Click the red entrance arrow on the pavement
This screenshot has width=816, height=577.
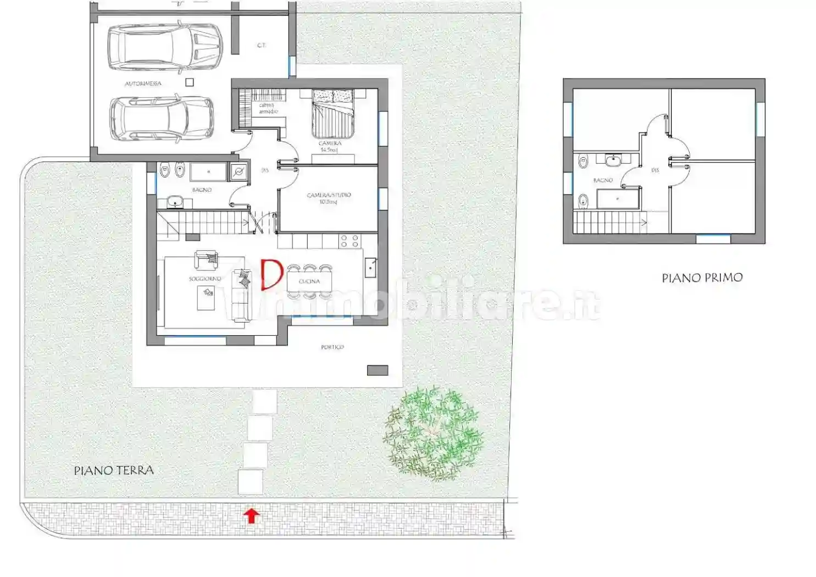pos(252,515)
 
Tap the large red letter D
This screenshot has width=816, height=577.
pos(271,274)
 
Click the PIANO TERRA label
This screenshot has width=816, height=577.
pos(114,470)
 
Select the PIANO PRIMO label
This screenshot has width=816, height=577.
pos(702,278)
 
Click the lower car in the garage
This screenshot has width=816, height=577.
pos(162,118)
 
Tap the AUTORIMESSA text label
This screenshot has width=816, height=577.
pos(143,84)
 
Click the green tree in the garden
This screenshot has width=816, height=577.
pos(434,432)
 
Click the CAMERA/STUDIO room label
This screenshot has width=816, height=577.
pos(329,195)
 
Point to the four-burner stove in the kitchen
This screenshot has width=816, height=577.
pos(350,241)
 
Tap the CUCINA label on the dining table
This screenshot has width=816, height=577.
pos(309,281)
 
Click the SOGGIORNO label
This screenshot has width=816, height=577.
pos(204,279)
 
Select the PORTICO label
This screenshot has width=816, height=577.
pos(332,347)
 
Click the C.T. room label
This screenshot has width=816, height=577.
pos(262,46)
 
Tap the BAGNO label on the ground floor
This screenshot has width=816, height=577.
pos(202,190)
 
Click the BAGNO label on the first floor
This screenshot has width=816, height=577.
pos(603,180)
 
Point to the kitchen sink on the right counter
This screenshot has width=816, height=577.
pos(371,267)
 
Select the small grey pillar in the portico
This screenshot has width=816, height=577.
pos(377,370)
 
